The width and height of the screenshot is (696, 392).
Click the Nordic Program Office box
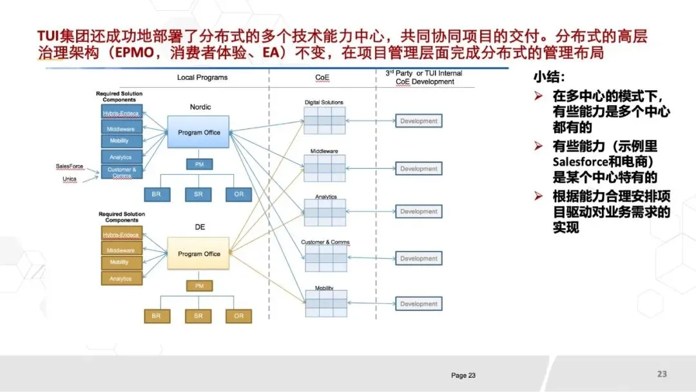pos(199,132)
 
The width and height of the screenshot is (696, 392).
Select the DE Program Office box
pos(199,253)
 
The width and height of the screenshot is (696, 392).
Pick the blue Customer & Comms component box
pos(122,172)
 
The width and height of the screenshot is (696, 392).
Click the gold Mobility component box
pos(122,262)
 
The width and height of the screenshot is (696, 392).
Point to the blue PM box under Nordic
pos(199,164)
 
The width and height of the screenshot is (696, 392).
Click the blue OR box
pos(238,193)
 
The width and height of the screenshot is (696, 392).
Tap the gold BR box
pos(156,316)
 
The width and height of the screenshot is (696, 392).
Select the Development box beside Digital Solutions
pos(419,121)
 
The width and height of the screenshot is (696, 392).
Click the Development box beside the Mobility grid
pos(419,304)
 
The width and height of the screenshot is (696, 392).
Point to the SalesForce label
pos(70,166)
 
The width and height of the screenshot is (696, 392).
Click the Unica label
pos(70,179)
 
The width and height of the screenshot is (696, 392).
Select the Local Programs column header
pos(202,77)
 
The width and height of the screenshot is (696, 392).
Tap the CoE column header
pos(322,77)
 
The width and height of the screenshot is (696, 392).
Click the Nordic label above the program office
pos(200,107)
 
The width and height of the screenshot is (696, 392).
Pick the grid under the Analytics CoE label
pos(325,212)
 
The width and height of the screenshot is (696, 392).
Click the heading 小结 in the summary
pos(548,78)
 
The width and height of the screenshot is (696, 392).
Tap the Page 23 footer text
pos(463,375)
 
